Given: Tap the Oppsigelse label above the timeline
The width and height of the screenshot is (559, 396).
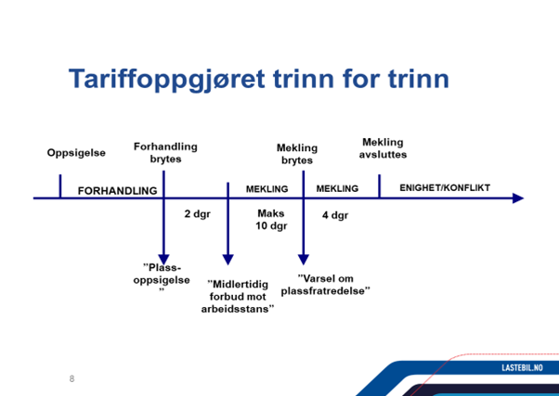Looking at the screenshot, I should click(x=76, y=153).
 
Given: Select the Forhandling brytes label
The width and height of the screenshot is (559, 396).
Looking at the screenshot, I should click(x=165, y=152).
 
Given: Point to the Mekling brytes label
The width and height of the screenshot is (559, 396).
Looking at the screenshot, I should click(x=297, y=154).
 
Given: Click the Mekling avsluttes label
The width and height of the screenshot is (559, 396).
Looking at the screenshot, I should click(x=383, y=148).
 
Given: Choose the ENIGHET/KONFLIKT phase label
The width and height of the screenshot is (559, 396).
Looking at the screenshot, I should click(x=445, y=188).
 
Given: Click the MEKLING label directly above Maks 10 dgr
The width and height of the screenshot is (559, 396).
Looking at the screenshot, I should click(x=266, y=189).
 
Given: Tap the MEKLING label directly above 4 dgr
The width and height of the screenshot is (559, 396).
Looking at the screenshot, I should click(x=337, y=189).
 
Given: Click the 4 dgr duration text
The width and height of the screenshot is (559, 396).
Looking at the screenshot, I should click(x=334, y=215).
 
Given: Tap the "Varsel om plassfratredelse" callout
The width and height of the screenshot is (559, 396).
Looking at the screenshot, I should click(x=333, y=284).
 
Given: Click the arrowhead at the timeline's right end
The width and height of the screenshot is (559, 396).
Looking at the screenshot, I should click(x=517, y=198).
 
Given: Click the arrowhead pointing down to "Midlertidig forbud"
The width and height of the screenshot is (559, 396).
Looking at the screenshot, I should click(x=227, y=261).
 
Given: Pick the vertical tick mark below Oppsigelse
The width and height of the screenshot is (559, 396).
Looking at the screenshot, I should click(x=60, y=186).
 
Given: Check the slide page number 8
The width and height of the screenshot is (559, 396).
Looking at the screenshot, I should click(x=71, y=378).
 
